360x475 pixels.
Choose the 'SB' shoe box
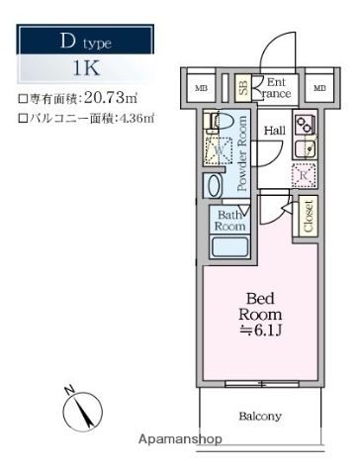tap(243, 88)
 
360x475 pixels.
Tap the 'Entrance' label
tap(276, 88)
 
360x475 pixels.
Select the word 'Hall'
tap(274, 130)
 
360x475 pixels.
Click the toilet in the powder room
tap(220, 124)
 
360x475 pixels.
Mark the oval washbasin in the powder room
tap(214, 185)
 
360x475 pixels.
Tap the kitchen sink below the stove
tap(307, 148)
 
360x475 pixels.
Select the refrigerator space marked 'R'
tap(306, 174)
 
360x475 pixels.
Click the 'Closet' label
tap(308, 215)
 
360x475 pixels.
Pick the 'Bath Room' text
tap(229, 220)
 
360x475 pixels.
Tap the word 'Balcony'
tap(260, 416)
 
